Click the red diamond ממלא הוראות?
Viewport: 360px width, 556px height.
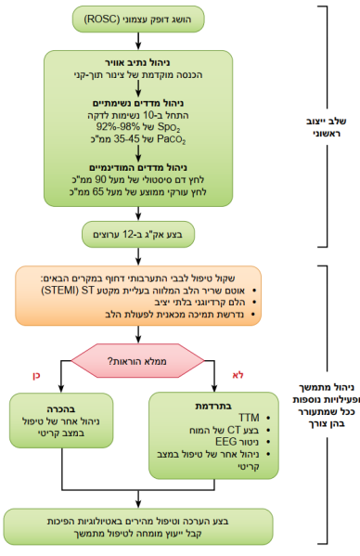(138, 360)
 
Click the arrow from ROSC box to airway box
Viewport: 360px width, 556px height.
(139, 37)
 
